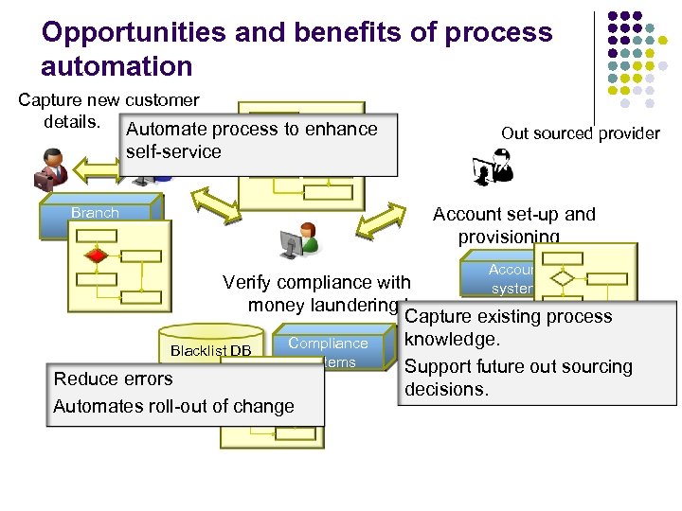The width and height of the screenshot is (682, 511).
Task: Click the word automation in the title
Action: (117, 66)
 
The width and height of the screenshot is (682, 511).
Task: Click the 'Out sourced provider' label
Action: (580, 133)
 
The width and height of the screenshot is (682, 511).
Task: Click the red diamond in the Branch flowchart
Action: (95, 255)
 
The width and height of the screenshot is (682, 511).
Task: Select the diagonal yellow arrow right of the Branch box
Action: (203, 203)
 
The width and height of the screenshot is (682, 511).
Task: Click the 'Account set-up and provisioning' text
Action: (513, 225)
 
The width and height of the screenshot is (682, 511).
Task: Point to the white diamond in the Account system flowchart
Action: (564, 278)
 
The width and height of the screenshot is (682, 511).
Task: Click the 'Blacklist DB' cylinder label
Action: (210, 351)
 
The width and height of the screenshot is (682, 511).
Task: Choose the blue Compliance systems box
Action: (328, 351)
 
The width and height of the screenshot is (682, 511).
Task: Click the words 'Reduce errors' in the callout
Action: (113, 379)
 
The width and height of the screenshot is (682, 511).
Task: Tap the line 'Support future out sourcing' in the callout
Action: (518, 366)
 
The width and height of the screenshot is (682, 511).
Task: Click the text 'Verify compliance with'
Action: (315, 282)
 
